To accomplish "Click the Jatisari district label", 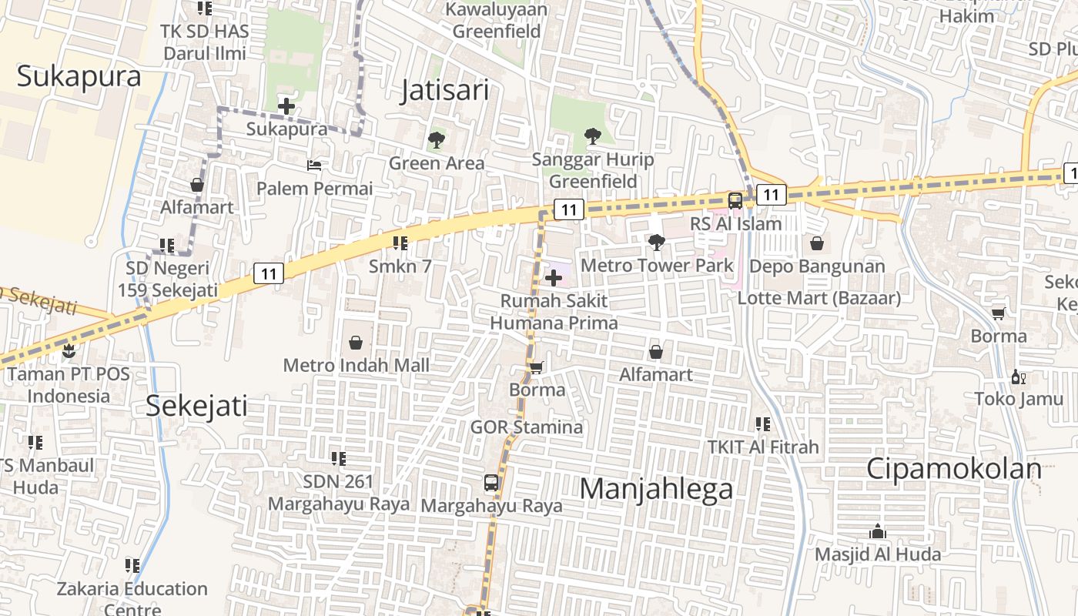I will pyautogui.click(x=445, y=91).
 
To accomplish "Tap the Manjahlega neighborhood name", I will pyautogui.click(x=656, y=489).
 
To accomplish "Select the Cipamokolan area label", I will pyautogui.click(x=954, y=468).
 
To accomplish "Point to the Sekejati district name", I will pyautogui.click(x=197, y=405).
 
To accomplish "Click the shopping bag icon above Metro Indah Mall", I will pyautogui.click(x=356, y=342).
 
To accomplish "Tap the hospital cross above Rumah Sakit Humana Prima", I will pyautogui.click(x=554, y=278).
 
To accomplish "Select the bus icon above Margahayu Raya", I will pyautogui.click(x=491, y=483).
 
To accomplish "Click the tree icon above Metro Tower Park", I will pyautogui.click(x=657, y=243).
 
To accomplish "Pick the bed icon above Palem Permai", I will pyautogui.click(x=314, y=166).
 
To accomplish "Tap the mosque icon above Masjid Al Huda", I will pyautogui.click(x=877, y=531).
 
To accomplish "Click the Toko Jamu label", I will pyautogui.click(x=1019, y=399).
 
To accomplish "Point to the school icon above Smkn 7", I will pyautogui.click(x=400, y=243).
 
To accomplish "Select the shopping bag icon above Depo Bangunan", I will pyautogui.click(x=817, y=243).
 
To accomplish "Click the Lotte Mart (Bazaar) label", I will pyautogui.click(x=819, y=298).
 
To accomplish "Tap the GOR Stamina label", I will pyautogui.click(x=527, y=427).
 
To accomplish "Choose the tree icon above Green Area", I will pyautogui.click(x=437, y=140).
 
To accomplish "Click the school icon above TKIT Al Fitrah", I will pyautogui.click(x=763, y=423).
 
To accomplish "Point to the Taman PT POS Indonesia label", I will pyautogui.click(x=69, y=385).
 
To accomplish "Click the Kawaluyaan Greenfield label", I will pyautogui.click(x=497, y=21).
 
